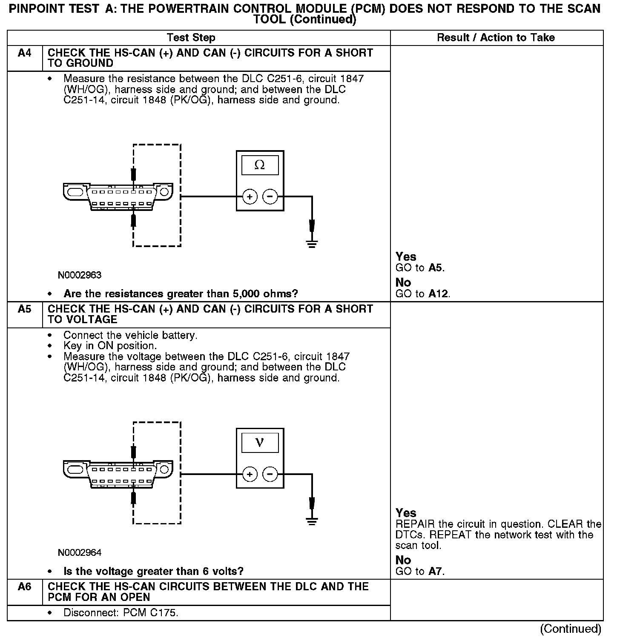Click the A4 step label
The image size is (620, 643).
(25, 53)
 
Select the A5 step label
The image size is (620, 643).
(25, 309)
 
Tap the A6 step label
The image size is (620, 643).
(25, 587)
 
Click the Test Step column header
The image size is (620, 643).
(191, 37)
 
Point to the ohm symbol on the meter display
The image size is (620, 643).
(259, 165)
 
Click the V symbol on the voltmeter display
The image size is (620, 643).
(259, 443)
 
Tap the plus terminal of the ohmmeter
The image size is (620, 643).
(250, 197)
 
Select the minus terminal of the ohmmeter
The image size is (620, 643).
(270, 197)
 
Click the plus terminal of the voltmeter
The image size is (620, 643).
(250, 474)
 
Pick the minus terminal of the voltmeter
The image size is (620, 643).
(270, 474)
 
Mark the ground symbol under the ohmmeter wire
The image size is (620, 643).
(312, 244)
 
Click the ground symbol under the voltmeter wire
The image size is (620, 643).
(312, 521)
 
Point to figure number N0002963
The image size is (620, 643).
(80, 275)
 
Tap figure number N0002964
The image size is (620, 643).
(80, 553)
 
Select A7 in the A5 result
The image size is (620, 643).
(436, 572)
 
